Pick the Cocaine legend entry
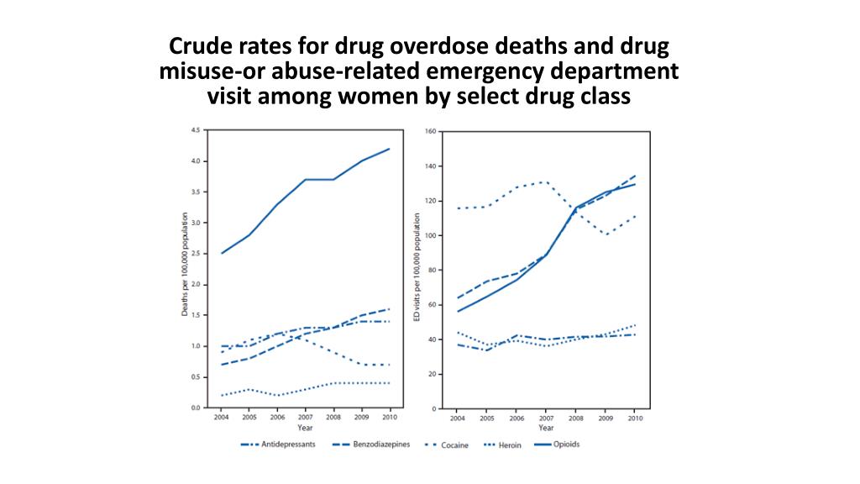(454, 445)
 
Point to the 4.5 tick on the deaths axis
(196, 130)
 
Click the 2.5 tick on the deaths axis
(196, 254)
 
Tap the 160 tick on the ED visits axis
(429, 132)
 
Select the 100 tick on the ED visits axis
(429, 236)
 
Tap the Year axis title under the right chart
(546, 428)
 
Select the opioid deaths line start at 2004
(222, 253)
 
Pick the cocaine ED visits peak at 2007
(546, 181)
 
